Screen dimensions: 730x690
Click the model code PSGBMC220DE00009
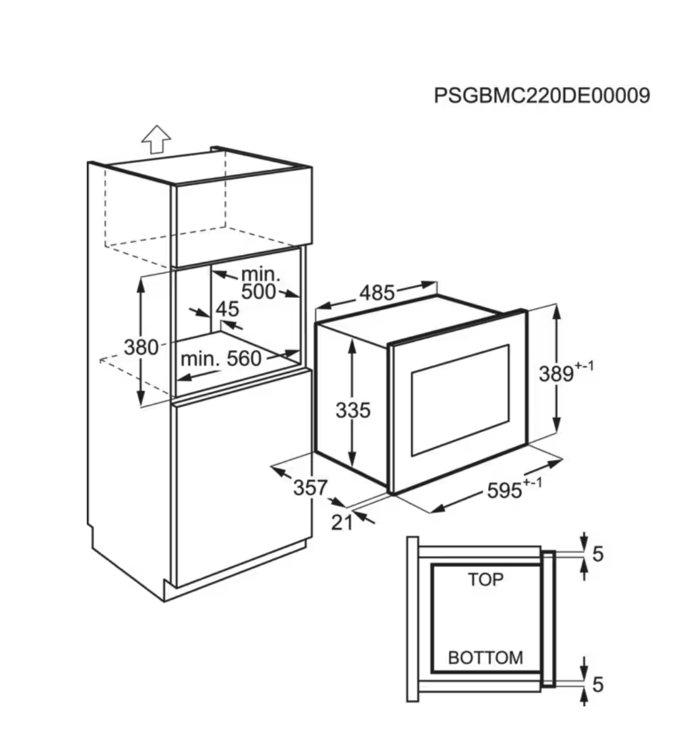click(x=541, y=96)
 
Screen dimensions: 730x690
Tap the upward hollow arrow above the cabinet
click(x=156, y=139)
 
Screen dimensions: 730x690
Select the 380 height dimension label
click(x=141, y=346)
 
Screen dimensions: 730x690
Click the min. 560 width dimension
click(x=221, y=359)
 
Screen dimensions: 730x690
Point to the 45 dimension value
click(x=228, y=309)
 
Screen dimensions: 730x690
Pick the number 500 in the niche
click(x=258, y=292)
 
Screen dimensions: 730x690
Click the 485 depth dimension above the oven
click(x=377, y=292)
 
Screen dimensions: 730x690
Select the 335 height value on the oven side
click(x=352, y=410)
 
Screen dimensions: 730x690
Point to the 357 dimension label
click(x=310, y=487)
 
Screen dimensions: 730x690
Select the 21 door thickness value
click(x=342, y=522)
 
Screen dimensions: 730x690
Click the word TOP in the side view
click(x=485, y=580)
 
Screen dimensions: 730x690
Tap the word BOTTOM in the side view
click(x=485, y=657)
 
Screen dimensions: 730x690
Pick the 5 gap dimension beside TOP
click(x=597, y=553)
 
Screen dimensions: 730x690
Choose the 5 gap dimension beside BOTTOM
click(x=597, y=685)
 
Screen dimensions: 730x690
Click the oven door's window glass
click(x=460, y=398)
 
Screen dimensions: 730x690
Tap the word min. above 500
click(x=260, y=274)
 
